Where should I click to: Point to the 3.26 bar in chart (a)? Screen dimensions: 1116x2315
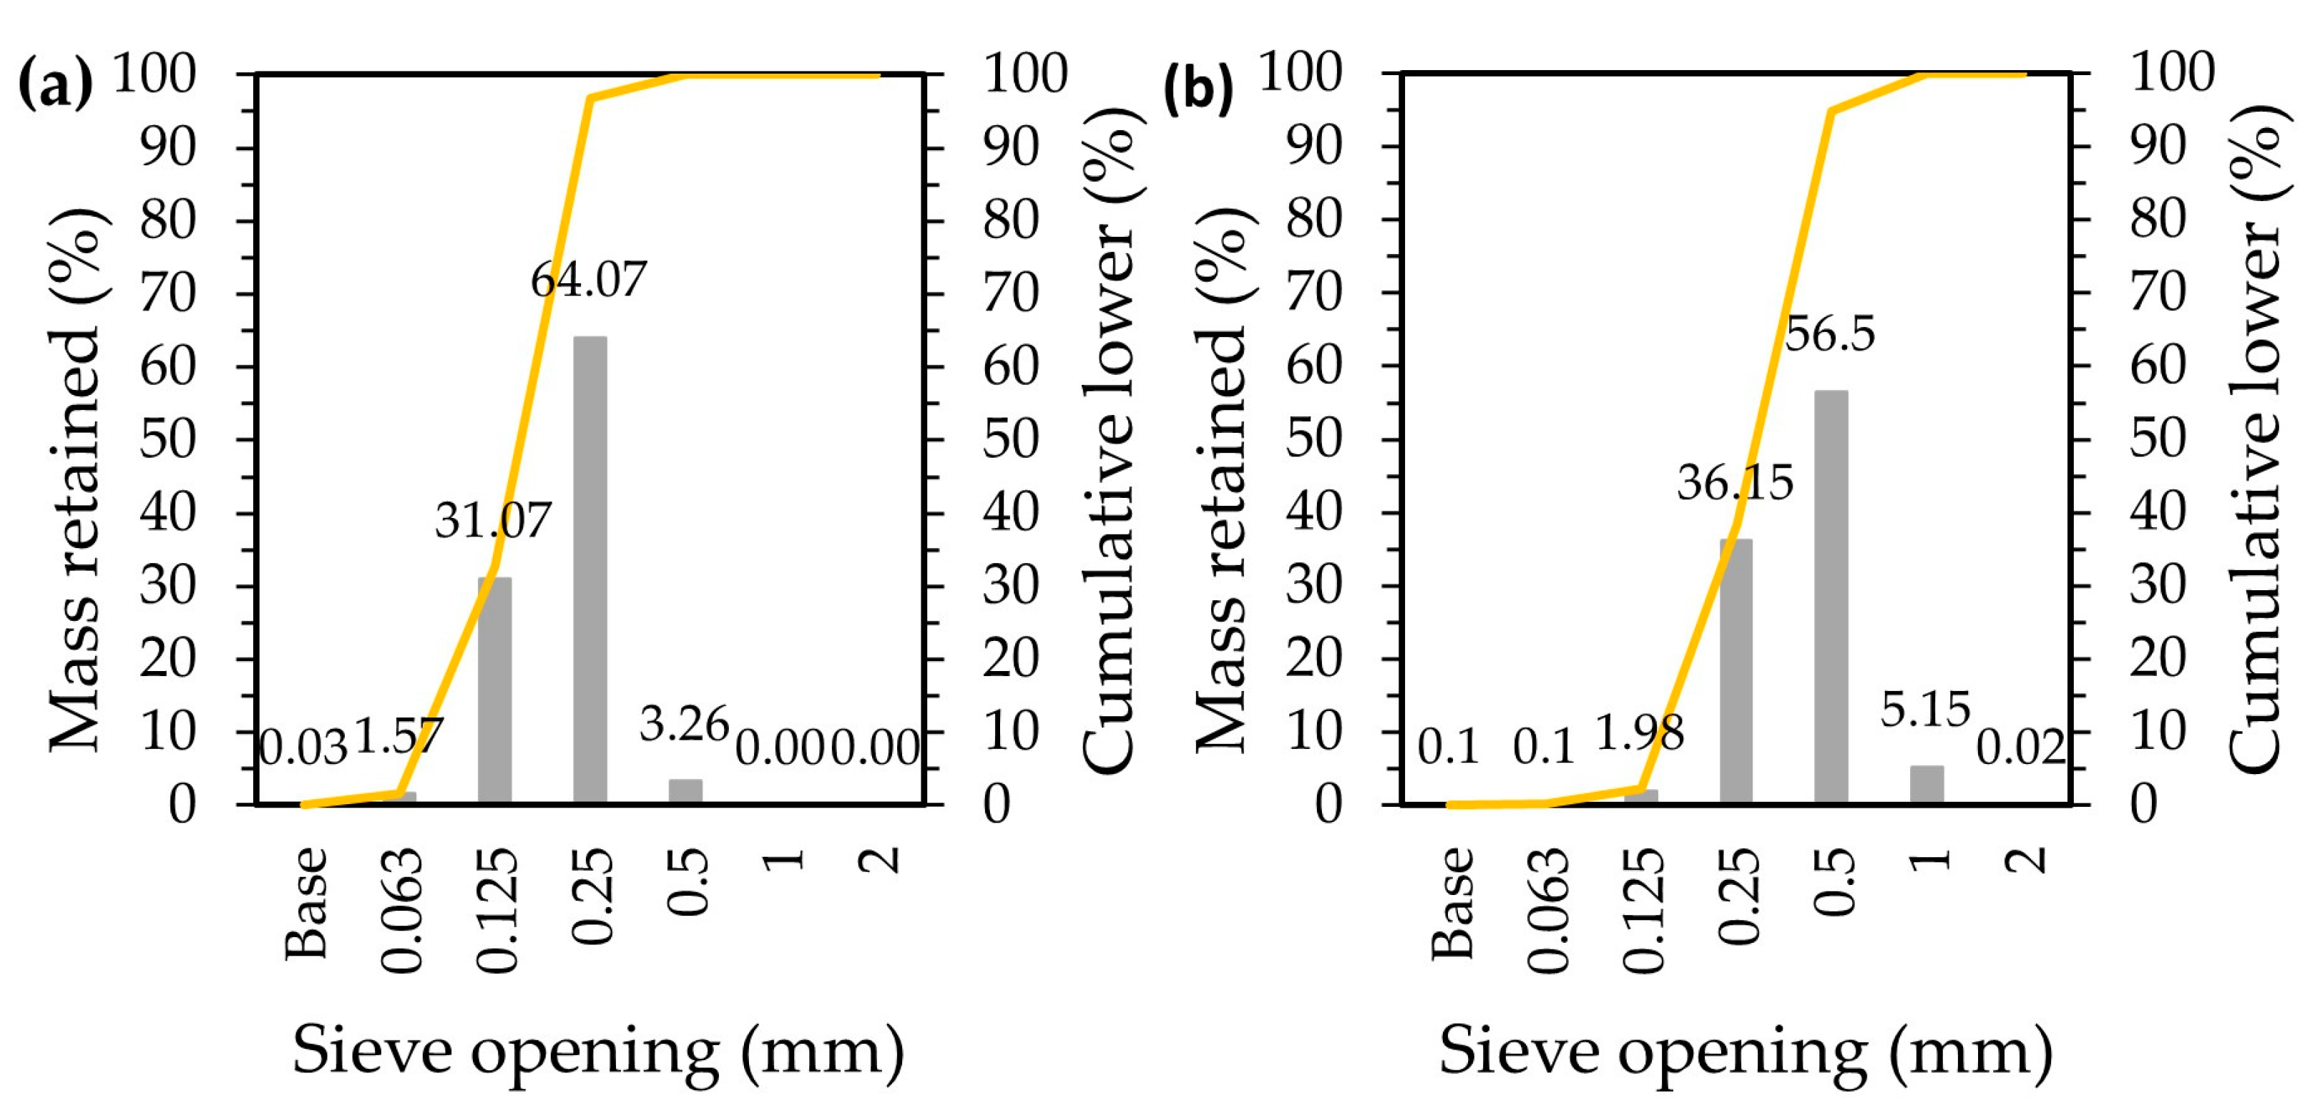point(685,790)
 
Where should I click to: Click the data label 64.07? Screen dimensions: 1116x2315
point(589,280)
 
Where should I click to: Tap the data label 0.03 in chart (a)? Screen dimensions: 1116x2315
point(302,748)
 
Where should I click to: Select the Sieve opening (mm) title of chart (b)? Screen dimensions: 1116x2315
point(1746,1052)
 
